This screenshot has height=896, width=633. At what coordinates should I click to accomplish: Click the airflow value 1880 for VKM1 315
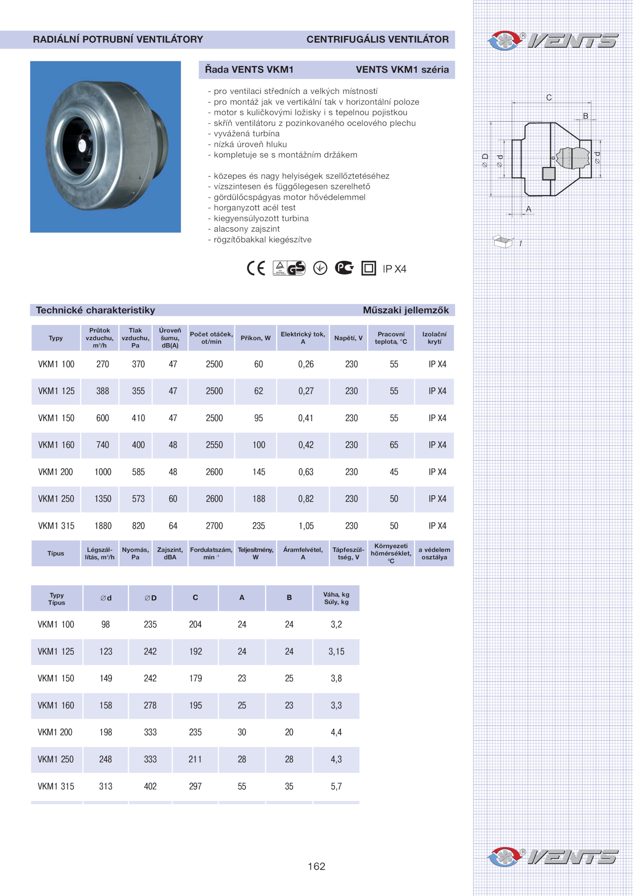(103, 526)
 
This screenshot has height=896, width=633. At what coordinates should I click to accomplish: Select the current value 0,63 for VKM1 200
(306, 472)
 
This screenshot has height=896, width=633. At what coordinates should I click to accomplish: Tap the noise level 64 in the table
(173, 526)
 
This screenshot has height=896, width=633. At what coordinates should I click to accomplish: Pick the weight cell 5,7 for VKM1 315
(336, 786)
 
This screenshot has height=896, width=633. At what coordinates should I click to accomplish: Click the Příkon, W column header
(256, 338)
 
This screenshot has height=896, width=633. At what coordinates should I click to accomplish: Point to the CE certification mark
(256, 268)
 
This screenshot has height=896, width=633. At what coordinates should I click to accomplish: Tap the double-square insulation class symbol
(368, 268)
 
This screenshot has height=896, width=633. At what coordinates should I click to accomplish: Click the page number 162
(316, 866)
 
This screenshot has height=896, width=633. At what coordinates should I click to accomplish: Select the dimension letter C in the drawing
(549, 97)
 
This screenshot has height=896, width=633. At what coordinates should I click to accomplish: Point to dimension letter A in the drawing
(529, 209)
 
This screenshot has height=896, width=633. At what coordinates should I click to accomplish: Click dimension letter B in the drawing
(586, 116)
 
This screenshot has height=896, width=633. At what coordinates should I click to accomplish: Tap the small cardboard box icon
(503, 241)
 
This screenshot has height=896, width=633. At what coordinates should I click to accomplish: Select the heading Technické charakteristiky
(95, 310)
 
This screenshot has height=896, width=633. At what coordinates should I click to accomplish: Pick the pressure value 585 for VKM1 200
(138, 472)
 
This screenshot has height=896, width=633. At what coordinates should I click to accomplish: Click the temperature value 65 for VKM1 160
(394, 445)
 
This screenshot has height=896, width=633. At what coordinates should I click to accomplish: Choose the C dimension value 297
(195, 786)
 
